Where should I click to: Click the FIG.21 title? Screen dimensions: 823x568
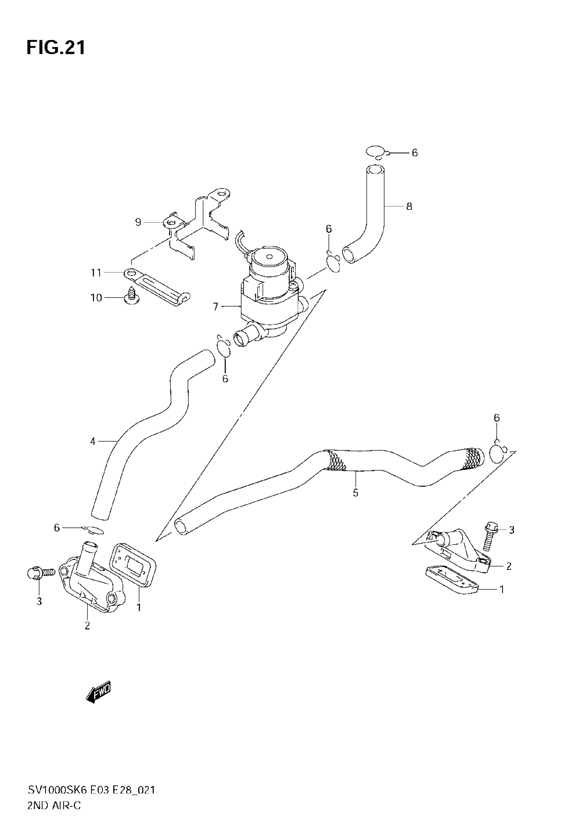click(x=56, y=47)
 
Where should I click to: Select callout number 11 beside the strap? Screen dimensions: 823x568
click(x=96, y=273)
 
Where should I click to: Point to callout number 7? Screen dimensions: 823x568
click(x=215, y=307)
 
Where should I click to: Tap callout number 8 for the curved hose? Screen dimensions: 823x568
click(x=409, y=207)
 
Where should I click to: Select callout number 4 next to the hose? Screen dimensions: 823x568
click(x=93, y=442)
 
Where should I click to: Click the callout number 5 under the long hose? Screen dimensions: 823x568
click(x=355, y=493)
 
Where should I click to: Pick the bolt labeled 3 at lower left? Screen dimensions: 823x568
click(x=39, y=572)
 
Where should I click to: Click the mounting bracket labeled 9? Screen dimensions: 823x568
click(x=199, y=221)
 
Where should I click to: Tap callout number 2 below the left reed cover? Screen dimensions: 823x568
click(x=87, y=626)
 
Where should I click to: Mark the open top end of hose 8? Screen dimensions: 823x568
click(x=375, y=170)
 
